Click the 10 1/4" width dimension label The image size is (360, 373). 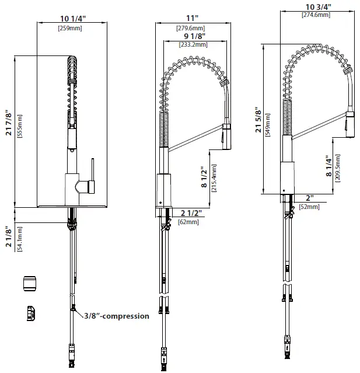point(73,18)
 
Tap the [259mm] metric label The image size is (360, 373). point(73,28)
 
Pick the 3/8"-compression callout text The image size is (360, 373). point(116,316)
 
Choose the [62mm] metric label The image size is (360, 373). point(188,222)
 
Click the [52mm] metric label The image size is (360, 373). point(309,207)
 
